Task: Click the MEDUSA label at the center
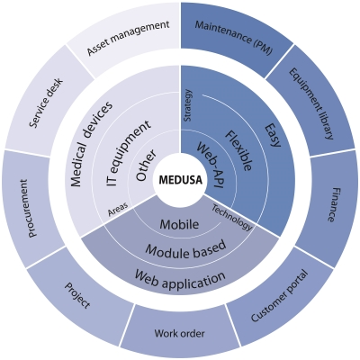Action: tap(180, 180)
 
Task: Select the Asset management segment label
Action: tap(128, 38)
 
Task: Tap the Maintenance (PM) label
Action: tap(234, 38)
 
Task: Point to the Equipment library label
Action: tap(311, 103)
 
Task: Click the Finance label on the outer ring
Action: tap(330, 205)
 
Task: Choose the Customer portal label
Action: tap(279, 296)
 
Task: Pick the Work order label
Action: tap(180, 333)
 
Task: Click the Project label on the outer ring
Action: tap(77, 295)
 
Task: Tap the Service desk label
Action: tap(46, 103)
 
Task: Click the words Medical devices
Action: tap(92, 144)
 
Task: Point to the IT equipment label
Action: tap(128, 153)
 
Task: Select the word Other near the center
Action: tap(146, 165)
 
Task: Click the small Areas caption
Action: tap(118, 209)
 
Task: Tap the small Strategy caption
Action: tap(188, 105)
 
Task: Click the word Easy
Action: tap(273, 135)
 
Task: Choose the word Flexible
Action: tap(239, 150)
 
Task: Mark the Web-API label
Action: tap(211, 165)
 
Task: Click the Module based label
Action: tap(185, 248)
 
